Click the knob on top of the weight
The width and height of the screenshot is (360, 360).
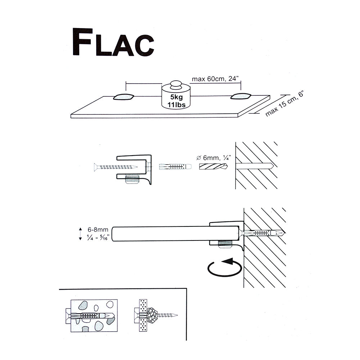click(x=175, y=85)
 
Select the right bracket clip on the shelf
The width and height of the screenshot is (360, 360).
click(x=240, y=96)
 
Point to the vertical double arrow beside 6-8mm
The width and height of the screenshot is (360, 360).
click(x=81, y=233)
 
